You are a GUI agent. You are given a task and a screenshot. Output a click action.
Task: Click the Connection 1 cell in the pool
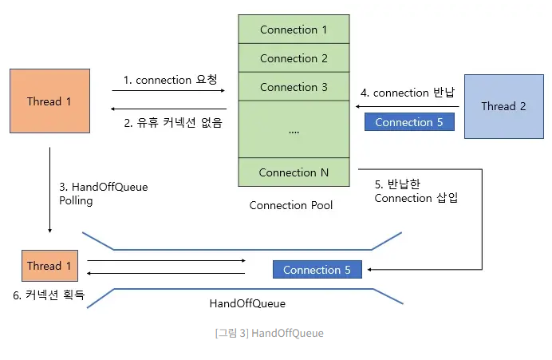click(294, 30)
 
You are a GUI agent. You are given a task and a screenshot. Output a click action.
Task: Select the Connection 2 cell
click(294, 58)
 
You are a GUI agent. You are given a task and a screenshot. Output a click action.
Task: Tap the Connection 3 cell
click(294, 87)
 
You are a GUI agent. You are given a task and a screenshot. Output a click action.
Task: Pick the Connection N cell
click(294, 172)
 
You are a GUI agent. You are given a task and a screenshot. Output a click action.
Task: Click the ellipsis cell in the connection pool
click(294, 129)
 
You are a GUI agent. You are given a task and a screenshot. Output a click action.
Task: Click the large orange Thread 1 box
click(49, 101)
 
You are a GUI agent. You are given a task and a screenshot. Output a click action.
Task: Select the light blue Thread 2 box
click(503, 106)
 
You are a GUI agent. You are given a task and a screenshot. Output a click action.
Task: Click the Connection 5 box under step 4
click(408, 122)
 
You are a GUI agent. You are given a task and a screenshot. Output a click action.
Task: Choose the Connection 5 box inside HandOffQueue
click(317, 270)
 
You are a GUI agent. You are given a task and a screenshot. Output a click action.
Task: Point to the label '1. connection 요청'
click(170, 80)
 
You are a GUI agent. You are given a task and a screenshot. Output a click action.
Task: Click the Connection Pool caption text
click(291, 205)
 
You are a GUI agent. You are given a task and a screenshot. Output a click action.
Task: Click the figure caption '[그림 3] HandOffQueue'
click(269, 333)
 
